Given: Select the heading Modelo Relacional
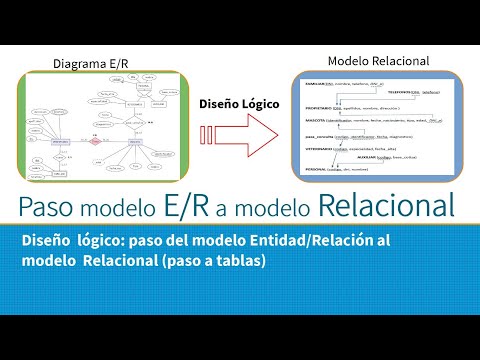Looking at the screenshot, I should tap(379, 61).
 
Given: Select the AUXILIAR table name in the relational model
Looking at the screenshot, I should tap(372, 157).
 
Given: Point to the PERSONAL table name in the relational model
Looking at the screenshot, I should tap(314, 170).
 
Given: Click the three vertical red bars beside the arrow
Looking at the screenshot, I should tap(204, 134).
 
